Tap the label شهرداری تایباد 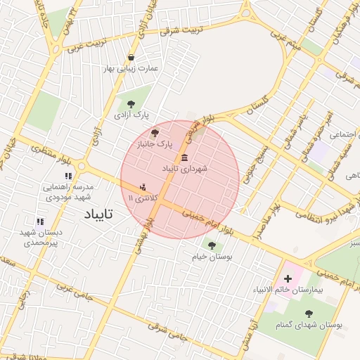tap(185, 169)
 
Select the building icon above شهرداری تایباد tap(185, 157)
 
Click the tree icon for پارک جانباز tap(155, 132)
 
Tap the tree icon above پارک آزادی tap(131, 103)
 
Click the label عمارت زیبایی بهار tap(131, 69)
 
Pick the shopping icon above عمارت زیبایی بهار tap(131, 58)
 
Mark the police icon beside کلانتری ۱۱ tap(143, 188)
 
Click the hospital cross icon tap(288, 279)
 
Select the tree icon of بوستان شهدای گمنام tap(309, 314)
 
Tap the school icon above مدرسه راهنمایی tap(68, 176)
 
